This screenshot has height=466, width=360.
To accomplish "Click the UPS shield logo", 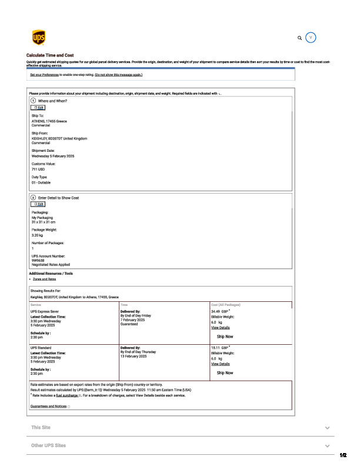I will pyautogui.click(x=38, y=38).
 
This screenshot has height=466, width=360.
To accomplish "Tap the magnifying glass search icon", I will pyautogui.click(x=300, y=38).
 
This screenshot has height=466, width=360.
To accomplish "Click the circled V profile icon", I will pyautogui.click(x=312, y=38).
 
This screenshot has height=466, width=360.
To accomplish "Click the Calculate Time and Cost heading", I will pyautogui.click(x=50, y=55).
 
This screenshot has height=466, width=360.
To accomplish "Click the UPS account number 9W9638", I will pyautogui.click(x=39, y=260).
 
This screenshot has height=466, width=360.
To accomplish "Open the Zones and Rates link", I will pyautogui.click(x=45, y=279).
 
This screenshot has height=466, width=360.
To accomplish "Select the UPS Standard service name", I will pyautogui.click(x=42, y=348).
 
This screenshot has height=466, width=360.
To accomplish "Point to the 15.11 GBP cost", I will pyautogui.click(x=219, y=348).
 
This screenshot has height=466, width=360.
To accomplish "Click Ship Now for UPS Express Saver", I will pyautogui.click(x=225, y=337).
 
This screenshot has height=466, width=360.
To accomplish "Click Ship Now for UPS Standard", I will pyautogui.click(x=225, y=372).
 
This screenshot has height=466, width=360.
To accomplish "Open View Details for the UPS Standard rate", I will pyautogui.click(x=220, y=364).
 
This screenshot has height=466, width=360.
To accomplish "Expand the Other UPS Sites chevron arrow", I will pyautogui.click(x=327, y=446).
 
